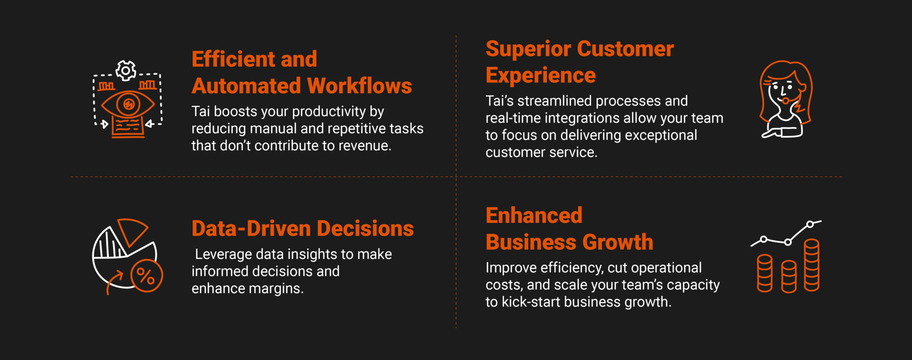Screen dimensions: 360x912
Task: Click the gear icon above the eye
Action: click(126, 70)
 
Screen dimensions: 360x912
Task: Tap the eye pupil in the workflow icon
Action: click(128, 105)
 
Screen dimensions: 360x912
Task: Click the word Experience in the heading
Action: click(541, 75)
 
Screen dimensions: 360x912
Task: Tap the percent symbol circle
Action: click(146, 276)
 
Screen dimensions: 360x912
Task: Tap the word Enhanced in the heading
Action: click(534, 216)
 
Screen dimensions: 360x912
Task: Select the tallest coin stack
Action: click(811, 265)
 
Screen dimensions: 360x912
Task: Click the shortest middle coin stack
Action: click(789, 277)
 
